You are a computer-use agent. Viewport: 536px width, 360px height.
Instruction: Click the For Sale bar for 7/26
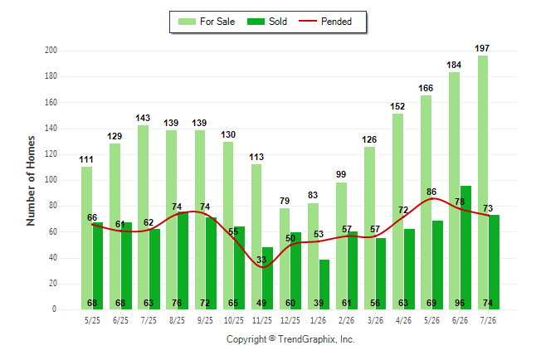pyautogui.click(x=483, y=182)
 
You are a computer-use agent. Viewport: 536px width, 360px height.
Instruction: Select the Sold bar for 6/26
pyautogui.click(x=465, y=247)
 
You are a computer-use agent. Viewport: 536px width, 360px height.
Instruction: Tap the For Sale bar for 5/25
pyautogui.click(x=86, y=238)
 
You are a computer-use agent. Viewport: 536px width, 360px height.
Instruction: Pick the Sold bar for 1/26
pyautogui.click(x=324, y=285)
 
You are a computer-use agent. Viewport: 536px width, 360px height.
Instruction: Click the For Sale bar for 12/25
pyautogui.click(x=285, y=259)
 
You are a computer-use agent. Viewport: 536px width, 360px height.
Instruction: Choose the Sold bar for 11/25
pyautogui.click(x=268, y=278)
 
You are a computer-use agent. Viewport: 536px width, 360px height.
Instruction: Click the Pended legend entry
pyautogui.click(x=325, y=22)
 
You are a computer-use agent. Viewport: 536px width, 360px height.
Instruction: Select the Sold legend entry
pyautogui.click(x=267, y=22)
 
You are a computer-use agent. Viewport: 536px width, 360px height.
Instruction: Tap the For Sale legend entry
pyautogui.click(x=207, y=22)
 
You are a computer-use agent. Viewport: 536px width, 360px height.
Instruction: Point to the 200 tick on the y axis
pyautogui.click(x=51, y=51)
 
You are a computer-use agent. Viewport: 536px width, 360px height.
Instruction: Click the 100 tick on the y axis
pyautogui.click(x=51, y=180)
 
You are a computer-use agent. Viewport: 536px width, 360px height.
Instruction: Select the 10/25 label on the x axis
pyautogui.click(x=234, y=320)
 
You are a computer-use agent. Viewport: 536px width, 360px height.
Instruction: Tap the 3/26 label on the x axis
pyautogui.click(x=375, y=320)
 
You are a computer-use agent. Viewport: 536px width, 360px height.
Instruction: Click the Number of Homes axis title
pyautogui.click(x=31, y=181)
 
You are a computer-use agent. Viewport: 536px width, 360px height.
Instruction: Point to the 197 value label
pyautogui.click(x=482, y=48)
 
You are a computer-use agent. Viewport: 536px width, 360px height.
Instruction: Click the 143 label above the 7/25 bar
pyautogui.click(x=143, y=118)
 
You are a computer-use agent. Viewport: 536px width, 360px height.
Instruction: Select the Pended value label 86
pyautogui.click(x=431, y=192)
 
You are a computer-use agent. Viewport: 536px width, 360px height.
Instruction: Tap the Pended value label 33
pyautogui.click(x=261, y=260)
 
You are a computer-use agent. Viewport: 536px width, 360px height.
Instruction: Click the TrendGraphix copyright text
pyautogui.click(x=290, y=339)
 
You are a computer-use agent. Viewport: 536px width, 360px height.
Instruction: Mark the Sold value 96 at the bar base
pyautogui.click(x=460, y=303)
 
